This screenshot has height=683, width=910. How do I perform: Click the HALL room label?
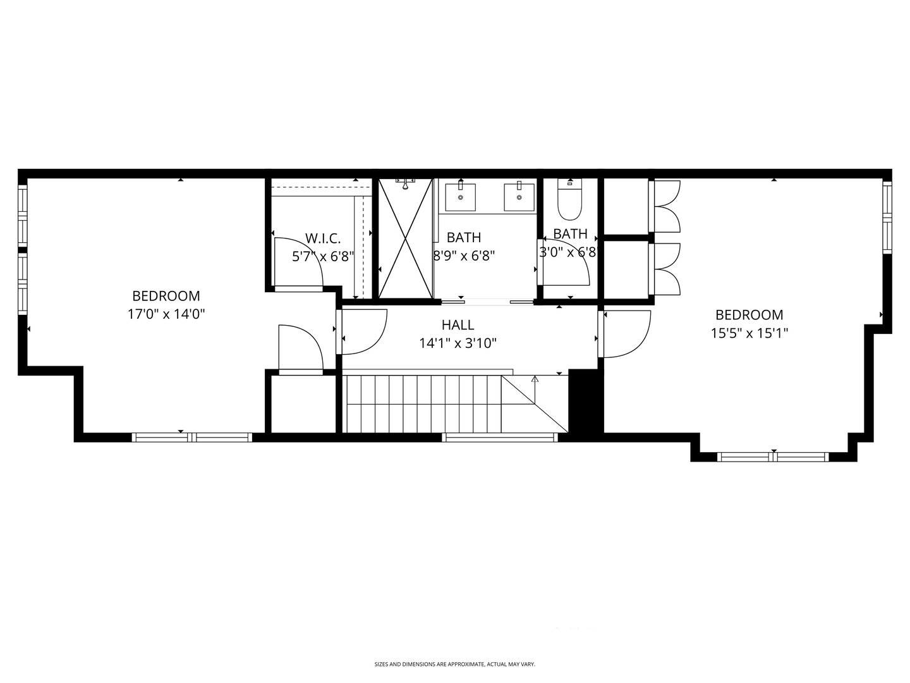pos(458,325)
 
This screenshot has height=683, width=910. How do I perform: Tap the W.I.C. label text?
pos(323,238)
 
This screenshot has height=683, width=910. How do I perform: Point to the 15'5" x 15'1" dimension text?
pos(749,333)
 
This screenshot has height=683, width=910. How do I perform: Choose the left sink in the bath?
pos(461,197)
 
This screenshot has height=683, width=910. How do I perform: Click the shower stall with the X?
pos(406,238)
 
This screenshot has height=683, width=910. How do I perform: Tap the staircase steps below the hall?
pos(423,403)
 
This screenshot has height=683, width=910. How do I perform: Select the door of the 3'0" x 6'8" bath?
pos(565,262)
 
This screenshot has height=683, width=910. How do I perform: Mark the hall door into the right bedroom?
pos(626,334)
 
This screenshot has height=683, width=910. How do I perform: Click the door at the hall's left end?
pos(363,331)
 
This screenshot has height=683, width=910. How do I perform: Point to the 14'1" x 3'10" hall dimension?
pos(458,343)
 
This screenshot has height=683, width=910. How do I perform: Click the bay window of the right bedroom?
pos(772,457)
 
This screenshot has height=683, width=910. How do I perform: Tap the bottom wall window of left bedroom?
pos(191,437)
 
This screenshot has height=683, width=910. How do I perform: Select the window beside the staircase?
pos(499,437)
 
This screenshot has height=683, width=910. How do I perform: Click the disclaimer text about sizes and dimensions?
pos(454,664)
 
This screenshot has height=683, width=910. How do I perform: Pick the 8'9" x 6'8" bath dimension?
pos(463,255)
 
